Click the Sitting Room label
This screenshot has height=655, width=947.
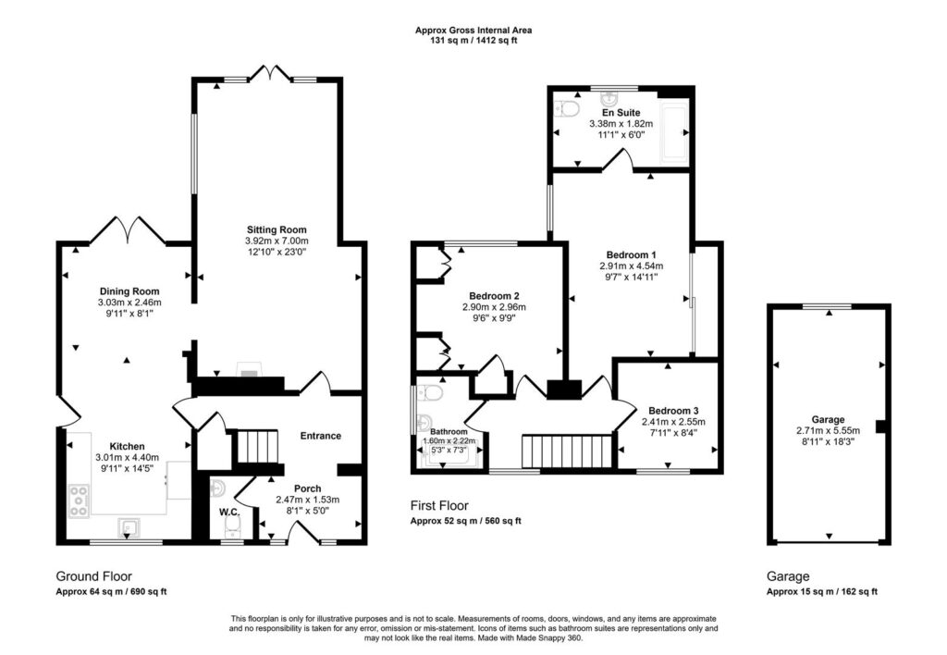(277, 229)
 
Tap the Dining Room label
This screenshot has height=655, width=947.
(129, 291)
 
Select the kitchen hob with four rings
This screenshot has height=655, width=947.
(79, 501)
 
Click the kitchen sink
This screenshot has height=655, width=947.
(129, 527)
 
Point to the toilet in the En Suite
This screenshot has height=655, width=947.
(567, 109)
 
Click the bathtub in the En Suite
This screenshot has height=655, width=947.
(674, 133)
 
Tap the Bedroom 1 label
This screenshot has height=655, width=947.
(631, 255)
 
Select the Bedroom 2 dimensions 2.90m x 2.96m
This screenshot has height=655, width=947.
(494, 307)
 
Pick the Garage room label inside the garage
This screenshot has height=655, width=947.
(828, 419)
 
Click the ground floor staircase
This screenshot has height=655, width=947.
(256, 446)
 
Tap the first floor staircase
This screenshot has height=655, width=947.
(569, 451)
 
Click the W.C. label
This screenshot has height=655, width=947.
(229, 513)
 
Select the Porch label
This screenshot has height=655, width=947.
(307, 488)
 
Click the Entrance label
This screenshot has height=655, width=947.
(321, 436)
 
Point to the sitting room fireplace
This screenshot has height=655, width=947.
(249, 369)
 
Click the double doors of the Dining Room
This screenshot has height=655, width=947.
(128, 229)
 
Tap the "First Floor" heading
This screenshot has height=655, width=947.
(439, 506)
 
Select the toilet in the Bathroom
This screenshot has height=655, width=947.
(430, 393)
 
